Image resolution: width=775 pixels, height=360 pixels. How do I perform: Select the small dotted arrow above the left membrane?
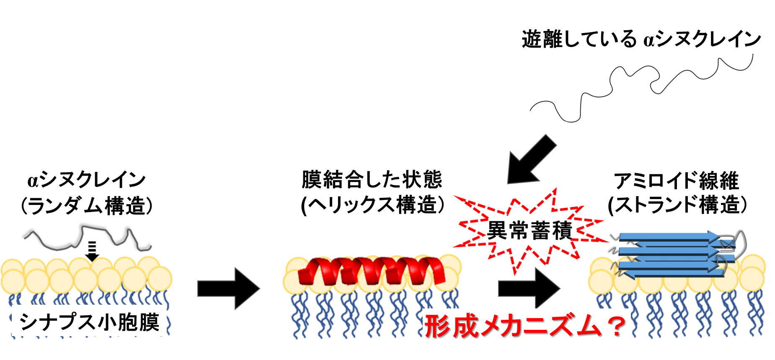(x=92, y=251)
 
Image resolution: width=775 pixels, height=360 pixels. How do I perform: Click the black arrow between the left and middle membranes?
(x=229, y=288)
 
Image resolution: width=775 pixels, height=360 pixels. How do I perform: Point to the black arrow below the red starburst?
(x=529, y=288)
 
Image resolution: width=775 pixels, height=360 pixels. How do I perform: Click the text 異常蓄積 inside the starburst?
(x=529, y=230)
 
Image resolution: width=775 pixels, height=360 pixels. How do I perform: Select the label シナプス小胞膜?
(x=89, y=322)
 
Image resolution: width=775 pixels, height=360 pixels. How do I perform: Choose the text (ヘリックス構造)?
(x=373, y=205)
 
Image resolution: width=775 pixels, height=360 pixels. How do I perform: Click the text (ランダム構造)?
(x=87, y=206)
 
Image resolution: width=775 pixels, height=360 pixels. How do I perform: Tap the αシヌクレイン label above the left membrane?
(x=86, y=180)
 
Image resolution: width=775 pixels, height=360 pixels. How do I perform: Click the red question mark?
(x=616, y=326)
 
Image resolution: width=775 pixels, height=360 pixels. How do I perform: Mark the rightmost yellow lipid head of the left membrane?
(x=160, y=279)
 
